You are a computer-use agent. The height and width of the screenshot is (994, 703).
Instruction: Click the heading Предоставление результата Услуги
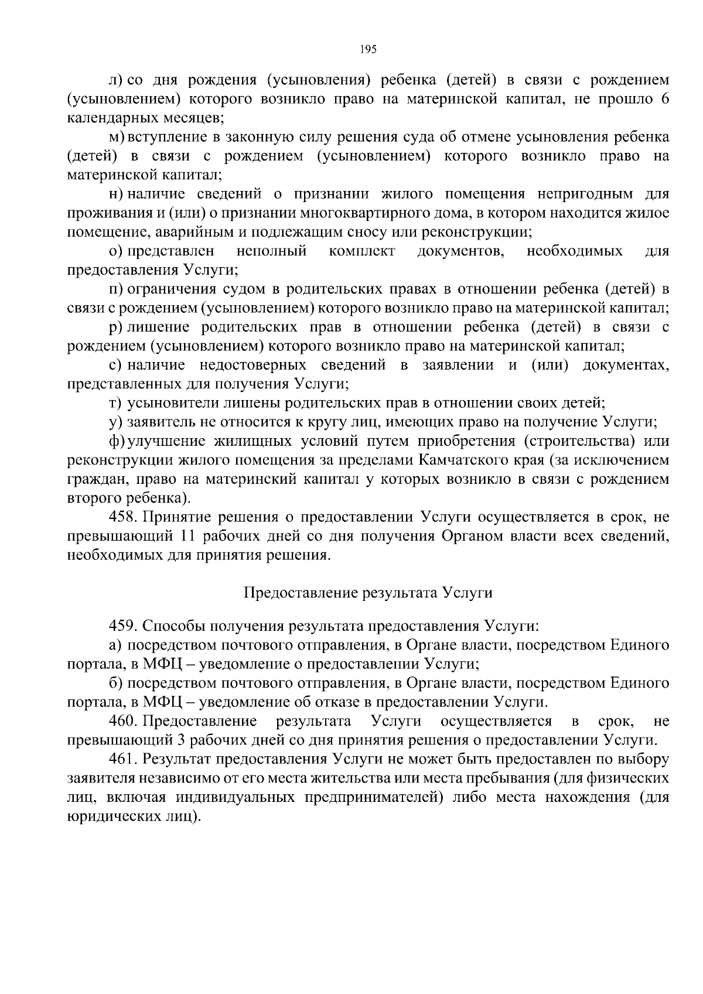pyautogui.click(x=368, y=593)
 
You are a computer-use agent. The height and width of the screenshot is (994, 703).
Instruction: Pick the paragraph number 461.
pyautogui.click(x=122, y=759)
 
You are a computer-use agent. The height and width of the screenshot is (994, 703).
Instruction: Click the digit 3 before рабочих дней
pyautogui.click(x=181, y=740)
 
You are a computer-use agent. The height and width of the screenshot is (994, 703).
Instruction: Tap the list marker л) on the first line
pyautogui.click(x=115, y=80)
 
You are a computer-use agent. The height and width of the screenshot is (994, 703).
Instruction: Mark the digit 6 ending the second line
pyautogui.click(x=664, y=99)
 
